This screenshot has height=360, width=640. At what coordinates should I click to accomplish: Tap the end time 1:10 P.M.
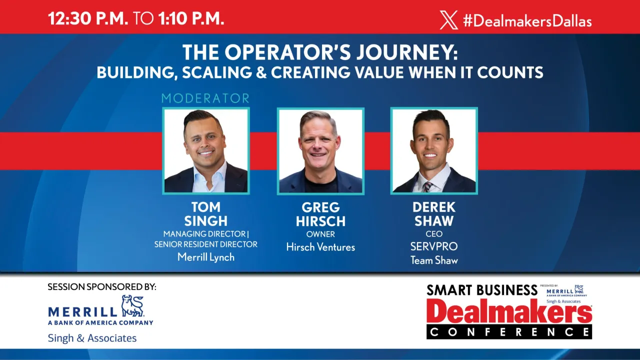(191, 18)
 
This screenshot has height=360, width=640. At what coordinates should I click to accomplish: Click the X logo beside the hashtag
(448, 20)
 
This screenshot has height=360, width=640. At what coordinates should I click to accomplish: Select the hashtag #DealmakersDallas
(527, 20)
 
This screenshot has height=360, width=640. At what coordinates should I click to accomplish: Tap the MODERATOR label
(205, 98)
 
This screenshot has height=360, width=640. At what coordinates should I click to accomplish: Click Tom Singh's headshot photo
(206, 150)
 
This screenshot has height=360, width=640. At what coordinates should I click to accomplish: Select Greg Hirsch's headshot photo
(320, 150)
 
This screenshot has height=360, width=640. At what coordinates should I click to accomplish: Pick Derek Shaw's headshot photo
(434, 150)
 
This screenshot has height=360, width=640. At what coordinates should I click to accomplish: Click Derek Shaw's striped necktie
(427, 186)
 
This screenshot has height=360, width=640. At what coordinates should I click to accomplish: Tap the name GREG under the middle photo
(320, 207)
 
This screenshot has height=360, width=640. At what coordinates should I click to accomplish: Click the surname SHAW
(434, 220)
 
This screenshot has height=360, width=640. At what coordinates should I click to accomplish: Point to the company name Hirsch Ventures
(320, 247)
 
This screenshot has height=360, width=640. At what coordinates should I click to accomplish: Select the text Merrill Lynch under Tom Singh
(206, 257)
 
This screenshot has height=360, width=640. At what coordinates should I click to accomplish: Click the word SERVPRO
(434, 246)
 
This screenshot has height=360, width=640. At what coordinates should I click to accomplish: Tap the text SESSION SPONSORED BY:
(102, 287)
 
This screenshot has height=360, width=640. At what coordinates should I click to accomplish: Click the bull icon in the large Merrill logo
(132, 306)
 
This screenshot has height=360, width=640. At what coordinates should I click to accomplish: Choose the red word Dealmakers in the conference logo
(509, 312)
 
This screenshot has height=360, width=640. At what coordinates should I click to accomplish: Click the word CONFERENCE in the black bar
(509, 331)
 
